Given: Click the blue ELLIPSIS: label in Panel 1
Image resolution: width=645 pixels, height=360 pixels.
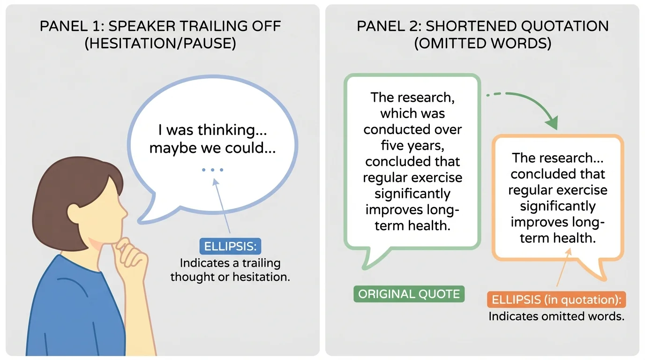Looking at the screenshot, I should (230, 246).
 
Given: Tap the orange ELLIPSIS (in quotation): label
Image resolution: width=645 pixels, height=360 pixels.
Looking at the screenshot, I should (556, 300).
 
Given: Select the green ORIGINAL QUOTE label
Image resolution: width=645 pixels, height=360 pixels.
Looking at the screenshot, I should (409, 294).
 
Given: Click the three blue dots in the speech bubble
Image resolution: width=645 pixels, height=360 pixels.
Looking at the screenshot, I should (213, 170).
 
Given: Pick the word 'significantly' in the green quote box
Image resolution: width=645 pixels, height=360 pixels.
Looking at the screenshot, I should (412, 194).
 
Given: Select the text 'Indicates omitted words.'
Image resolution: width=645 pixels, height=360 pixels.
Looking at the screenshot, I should (556, 316).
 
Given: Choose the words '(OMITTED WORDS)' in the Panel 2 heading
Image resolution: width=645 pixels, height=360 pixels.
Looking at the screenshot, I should (482, 43).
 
